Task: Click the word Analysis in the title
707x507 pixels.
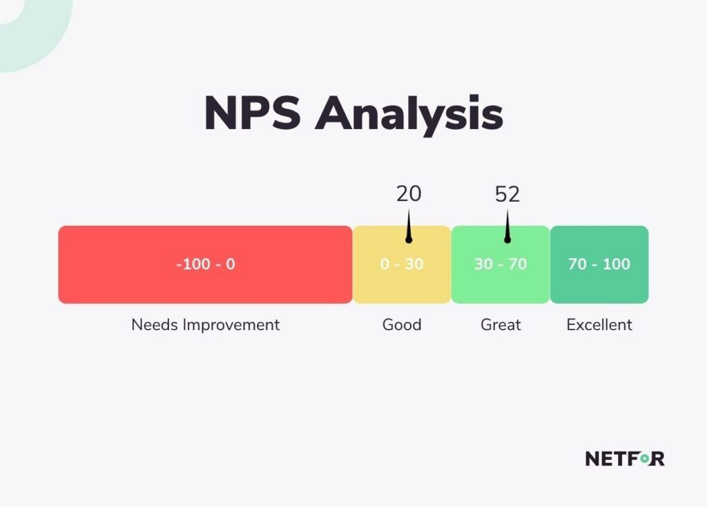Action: pyautogui.click(x=409, y=114)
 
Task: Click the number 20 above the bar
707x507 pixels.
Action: pyautogui.click(x=409, y=194)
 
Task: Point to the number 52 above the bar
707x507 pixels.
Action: pyautogui.click(x=507, y=194)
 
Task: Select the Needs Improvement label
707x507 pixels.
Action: pyautogui.click(x=205, y=325)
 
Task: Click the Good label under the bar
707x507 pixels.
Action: pyautogui.click(x=402, y=325)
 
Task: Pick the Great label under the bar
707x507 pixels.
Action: pyautogui.click(x=501, y=325)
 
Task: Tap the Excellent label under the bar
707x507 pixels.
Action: pyautogui.click(x=599, y=325)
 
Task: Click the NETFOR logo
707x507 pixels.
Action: pyautogui.click(x=625, y=458)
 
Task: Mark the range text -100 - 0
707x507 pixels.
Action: pyautogui.click(x=205, y=264)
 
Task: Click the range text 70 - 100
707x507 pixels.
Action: pyautogui.click(x=599, y=264)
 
